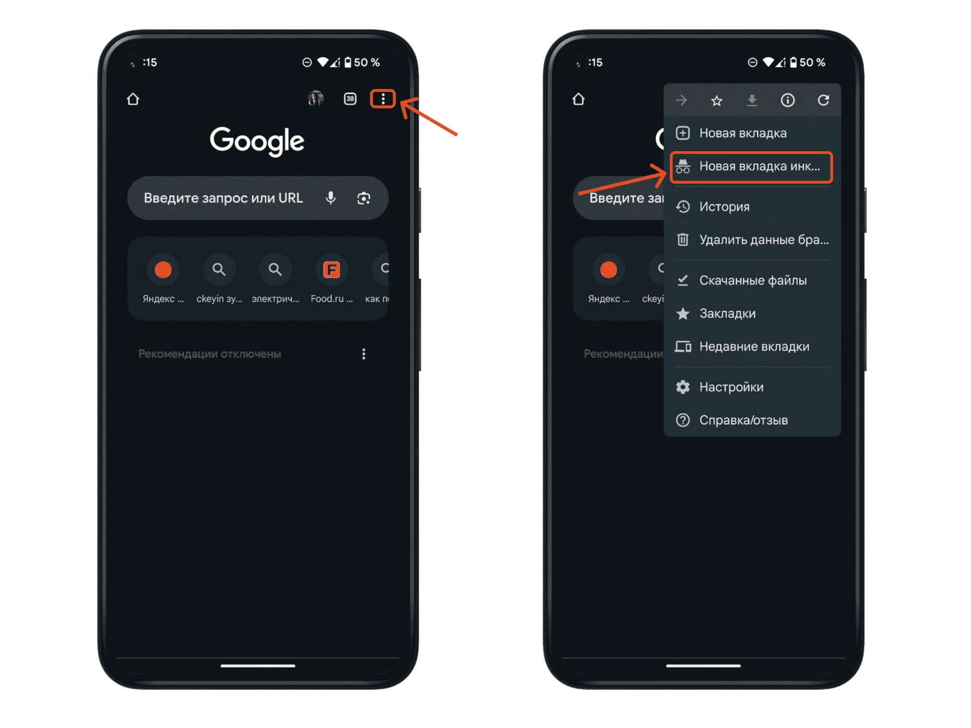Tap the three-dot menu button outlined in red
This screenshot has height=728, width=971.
[383, 99]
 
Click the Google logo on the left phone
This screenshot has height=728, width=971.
[257, 141]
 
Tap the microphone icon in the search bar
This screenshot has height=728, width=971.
[331, 198]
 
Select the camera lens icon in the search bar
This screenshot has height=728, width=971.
[364, 198]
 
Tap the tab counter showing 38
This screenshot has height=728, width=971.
[350, 99]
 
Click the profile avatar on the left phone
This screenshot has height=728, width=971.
[316, 99]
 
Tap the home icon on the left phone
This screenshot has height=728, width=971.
[133, 99]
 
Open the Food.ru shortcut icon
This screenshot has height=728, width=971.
[331, 270]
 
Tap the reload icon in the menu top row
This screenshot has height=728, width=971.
[824, 100]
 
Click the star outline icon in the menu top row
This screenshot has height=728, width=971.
[717, 100]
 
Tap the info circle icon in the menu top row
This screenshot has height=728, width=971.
[788, 100]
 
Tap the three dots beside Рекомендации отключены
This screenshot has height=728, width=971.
[364, 354]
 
